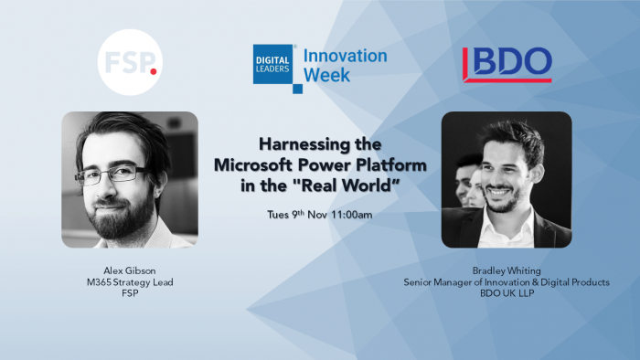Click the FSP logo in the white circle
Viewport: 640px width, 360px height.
pyautogui.click(x=128, y=63)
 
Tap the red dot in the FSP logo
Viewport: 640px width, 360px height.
pyautogui.click(x=153, y=70)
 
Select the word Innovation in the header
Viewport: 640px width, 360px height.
pyautogui.click(x=345, y=56)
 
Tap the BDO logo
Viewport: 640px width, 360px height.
pyautogui.click(x=507, y=63)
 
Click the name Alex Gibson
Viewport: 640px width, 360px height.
pyautogui.click(x=129, y=270)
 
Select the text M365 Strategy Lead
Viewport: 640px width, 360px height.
pyautogui.click(x=129, y=282)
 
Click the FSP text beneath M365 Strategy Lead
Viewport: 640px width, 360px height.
pyautogui.click(x=129, y=294)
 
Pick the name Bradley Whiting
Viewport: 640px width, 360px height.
pyautogui.click(x=507, y=270)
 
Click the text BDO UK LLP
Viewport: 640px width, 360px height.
pyautogui.click(x=507, y=294)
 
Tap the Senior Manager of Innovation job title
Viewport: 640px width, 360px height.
pyautogui.click(x=507, y=282)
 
